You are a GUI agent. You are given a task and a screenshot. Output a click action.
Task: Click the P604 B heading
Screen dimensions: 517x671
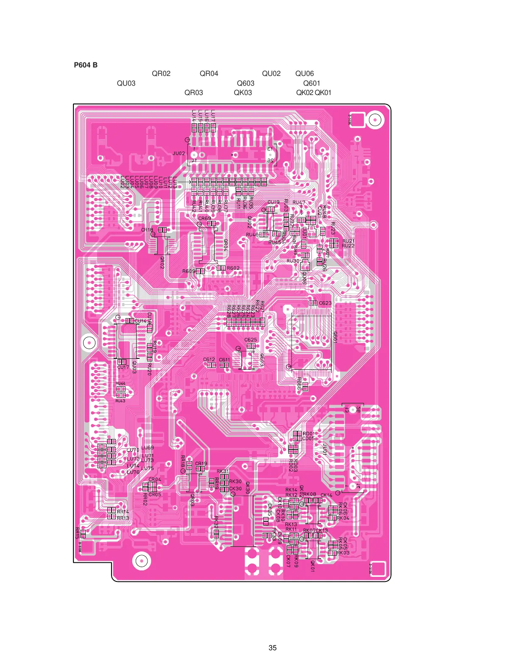(x=86, y=65)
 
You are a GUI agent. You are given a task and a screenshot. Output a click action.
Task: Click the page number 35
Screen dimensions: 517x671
(x=272, y=648)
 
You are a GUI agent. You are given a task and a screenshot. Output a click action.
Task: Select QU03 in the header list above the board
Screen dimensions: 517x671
(x=126, y=83)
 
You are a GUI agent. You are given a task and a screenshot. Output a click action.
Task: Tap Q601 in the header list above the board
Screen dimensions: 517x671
(x=311, y=83)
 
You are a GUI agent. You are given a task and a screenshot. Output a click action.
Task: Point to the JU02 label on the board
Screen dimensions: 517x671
(x=179, y=154)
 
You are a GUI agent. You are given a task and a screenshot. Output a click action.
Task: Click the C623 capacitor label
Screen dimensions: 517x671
(x=325, y=303)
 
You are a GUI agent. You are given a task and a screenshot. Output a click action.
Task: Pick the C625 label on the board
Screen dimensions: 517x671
(x=251, y=340)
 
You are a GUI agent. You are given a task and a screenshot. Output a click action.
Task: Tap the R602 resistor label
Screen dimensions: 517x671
(x=233, y=268)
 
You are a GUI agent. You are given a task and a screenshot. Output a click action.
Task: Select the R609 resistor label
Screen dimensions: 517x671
(x=189, y=271)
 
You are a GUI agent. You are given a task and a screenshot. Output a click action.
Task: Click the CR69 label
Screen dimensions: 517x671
(x=204, y=218)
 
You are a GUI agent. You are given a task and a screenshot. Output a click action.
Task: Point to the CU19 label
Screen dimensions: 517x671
(x=274, y=202)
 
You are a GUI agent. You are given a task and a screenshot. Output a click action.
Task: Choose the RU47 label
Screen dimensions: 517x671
(x=299, y=203)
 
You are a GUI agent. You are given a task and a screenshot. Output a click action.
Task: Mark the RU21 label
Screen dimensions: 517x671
(x=348, y=241)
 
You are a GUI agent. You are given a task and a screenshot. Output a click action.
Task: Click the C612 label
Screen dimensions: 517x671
(x=209, y=360)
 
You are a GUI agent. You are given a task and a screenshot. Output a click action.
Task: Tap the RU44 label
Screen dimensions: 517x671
(x=120, y=383)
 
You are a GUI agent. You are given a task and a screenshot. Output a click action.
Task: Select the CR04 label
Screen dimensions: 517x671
(x=155, y=479)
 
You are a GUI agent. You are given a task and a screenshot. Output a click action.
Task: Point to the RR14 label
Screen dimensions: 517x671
(x=123, y=512)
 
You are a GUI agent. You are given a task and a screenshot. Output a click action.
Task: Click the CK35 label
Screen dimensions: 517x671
(x=269, y=509)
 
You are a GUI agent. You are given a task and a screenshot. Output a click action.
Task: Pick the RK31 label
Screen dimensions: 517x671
(x=223, y=471)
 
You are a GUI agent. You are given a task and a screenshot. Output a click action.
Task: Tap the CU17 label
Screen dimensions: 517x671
(x=123, y=367)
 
